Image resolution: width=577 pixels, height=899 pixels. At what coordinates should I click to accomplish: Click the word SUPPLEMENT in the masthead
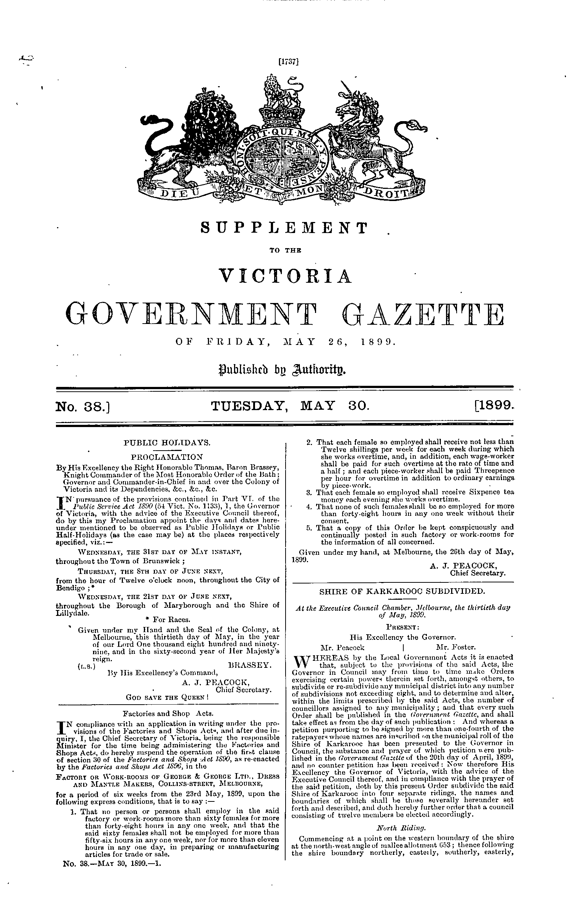(284, 228)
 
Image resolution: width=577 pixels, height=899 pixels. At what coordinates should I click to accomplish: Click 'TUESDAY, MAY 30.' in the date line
(290, 405)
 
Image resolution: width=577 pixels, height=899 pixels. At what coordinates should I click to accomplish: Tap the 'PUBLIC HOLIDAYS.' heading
(167, 443)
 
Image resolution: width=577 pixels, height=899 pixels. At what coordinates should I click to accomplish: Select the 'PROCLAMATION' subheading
(167, 457)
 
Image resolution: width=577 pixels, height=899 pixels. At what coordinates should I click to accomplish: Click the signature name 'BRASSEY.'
(249, 665)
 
